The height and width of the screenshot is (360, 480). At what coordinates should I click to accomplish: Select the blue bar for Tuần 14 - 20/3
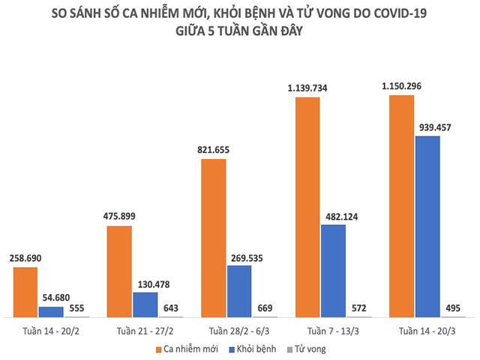(427, 226)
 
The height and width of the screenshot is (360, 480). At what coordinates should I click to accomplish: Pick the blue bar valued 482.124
(334, 271)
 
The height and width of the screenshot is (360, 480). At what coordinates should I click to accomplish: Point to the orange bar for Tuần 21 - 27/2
(119, 271)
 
